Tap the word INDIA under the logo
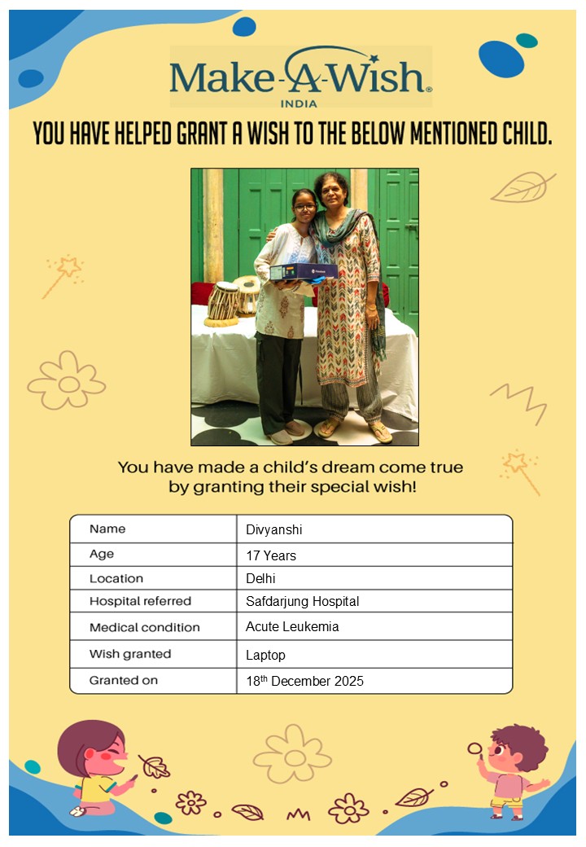[299, 103]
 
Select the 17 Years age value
[271, 555]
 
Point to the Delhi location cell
[261, 578]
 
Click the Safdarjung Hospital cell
[302, 602]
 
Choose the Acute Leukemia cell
[292, 627]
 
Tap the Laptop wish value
[265, 655]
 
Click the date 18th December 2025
[304, 681]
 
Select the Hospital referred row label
[140, 601]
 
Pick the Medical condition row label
[144, 627]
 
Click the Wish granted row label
[130, 654]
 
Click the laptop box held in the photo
[304, 271]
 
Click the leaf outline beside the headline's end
[522, 188]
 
